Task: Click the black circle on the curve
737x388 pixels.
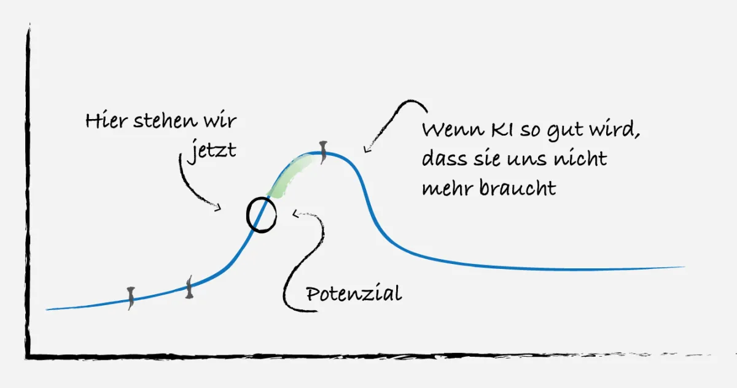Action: tap(261, 214)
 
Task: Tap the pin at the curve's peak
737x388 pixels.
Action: tap(322, 150)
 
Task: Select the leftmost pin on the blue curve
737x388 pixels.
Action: tap(130, 297)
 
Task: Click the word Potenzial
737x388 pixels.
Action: tap(354, 294)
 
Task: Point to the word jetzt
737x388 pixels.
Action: tap(211, 150)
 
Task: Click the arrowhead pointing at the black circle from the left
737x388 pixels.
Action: tap(218, 209)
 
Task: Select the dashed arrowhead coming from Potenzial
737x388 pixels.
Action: tap(296, 214)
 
